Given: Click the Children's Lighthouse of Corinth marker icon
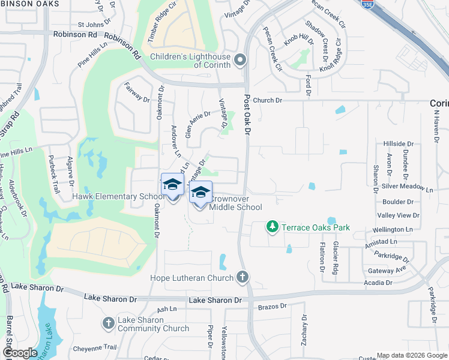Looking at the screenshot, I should tap(241, 59).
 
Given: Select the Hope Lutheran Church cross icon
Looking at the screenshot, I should tap(242, 277).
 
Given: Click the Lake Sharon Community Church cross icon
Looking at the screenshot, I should tap(108, 323).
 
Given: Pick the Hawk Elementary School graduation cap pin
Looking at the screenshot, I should tap(172, 187).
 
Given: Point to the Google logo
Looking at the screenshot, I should tap(19, 352).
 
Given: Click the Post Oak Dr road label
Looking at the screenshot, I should tap(247, 116).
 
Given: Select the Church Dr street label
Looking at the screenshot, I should tap(267, 100).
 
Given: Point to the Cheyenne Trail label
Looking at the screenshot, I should tap(95, 348).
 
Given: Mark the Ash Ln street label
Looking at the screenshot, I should tap(166, 309).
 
